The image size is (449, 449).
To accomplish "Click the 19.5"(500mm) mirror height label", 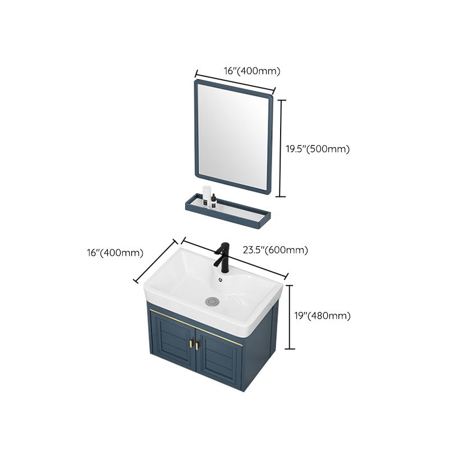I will point(318,149).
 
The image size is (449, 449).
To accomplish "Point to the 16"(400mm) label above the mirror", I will point(252,71).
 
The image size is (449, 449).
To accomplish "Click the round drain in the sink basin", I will point(212,301).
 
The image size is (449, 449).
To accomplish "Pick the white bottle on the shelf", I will point(207,195).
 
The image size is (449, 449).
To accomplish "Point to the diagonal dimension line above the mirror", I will point(234,82).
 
